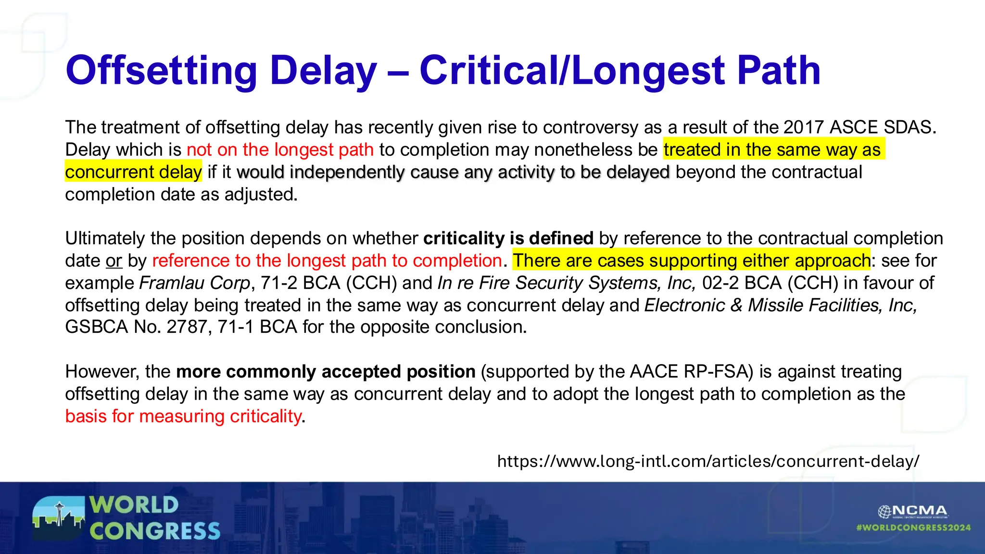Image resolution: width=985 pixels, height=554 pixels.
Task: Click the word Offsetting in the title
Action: point(161,71)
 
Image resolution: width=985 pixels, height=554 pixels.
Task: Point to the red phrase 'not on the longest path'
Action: point(280,150)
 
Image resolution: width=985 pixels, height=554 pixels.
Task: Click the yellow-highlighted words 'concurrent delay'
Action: point(133,172)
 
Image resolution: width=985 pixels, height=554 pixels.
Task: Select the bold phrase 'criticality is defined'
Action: point(508,239)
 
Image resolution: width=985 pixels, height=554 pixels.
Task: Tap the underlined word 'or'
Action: point(114,261)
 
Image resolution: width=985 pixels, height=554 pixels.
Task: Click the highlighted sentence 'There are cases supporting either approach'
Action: point(691,261)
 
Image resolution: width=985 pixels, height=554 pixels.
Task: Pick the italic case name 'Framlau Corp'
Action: point(195,283)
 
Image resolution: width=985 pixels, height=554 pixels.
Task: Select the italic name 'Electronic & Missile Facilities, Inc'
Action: point(780,305)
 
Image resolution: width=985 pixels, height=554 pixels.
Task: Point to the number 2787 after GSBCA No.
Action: point(187,327)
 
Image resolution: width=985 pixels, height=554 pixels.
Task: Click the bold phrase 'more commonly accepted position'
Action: point(326,372)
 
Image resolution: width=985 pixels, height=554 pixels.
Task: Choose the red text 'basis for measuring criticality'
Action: point(183,416)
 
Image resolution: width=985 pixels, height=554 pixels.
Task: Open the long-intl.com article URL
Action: point(708,461)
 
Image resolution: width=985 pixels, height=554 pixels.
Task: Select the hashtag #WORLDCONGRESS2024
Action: point(913,528)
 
